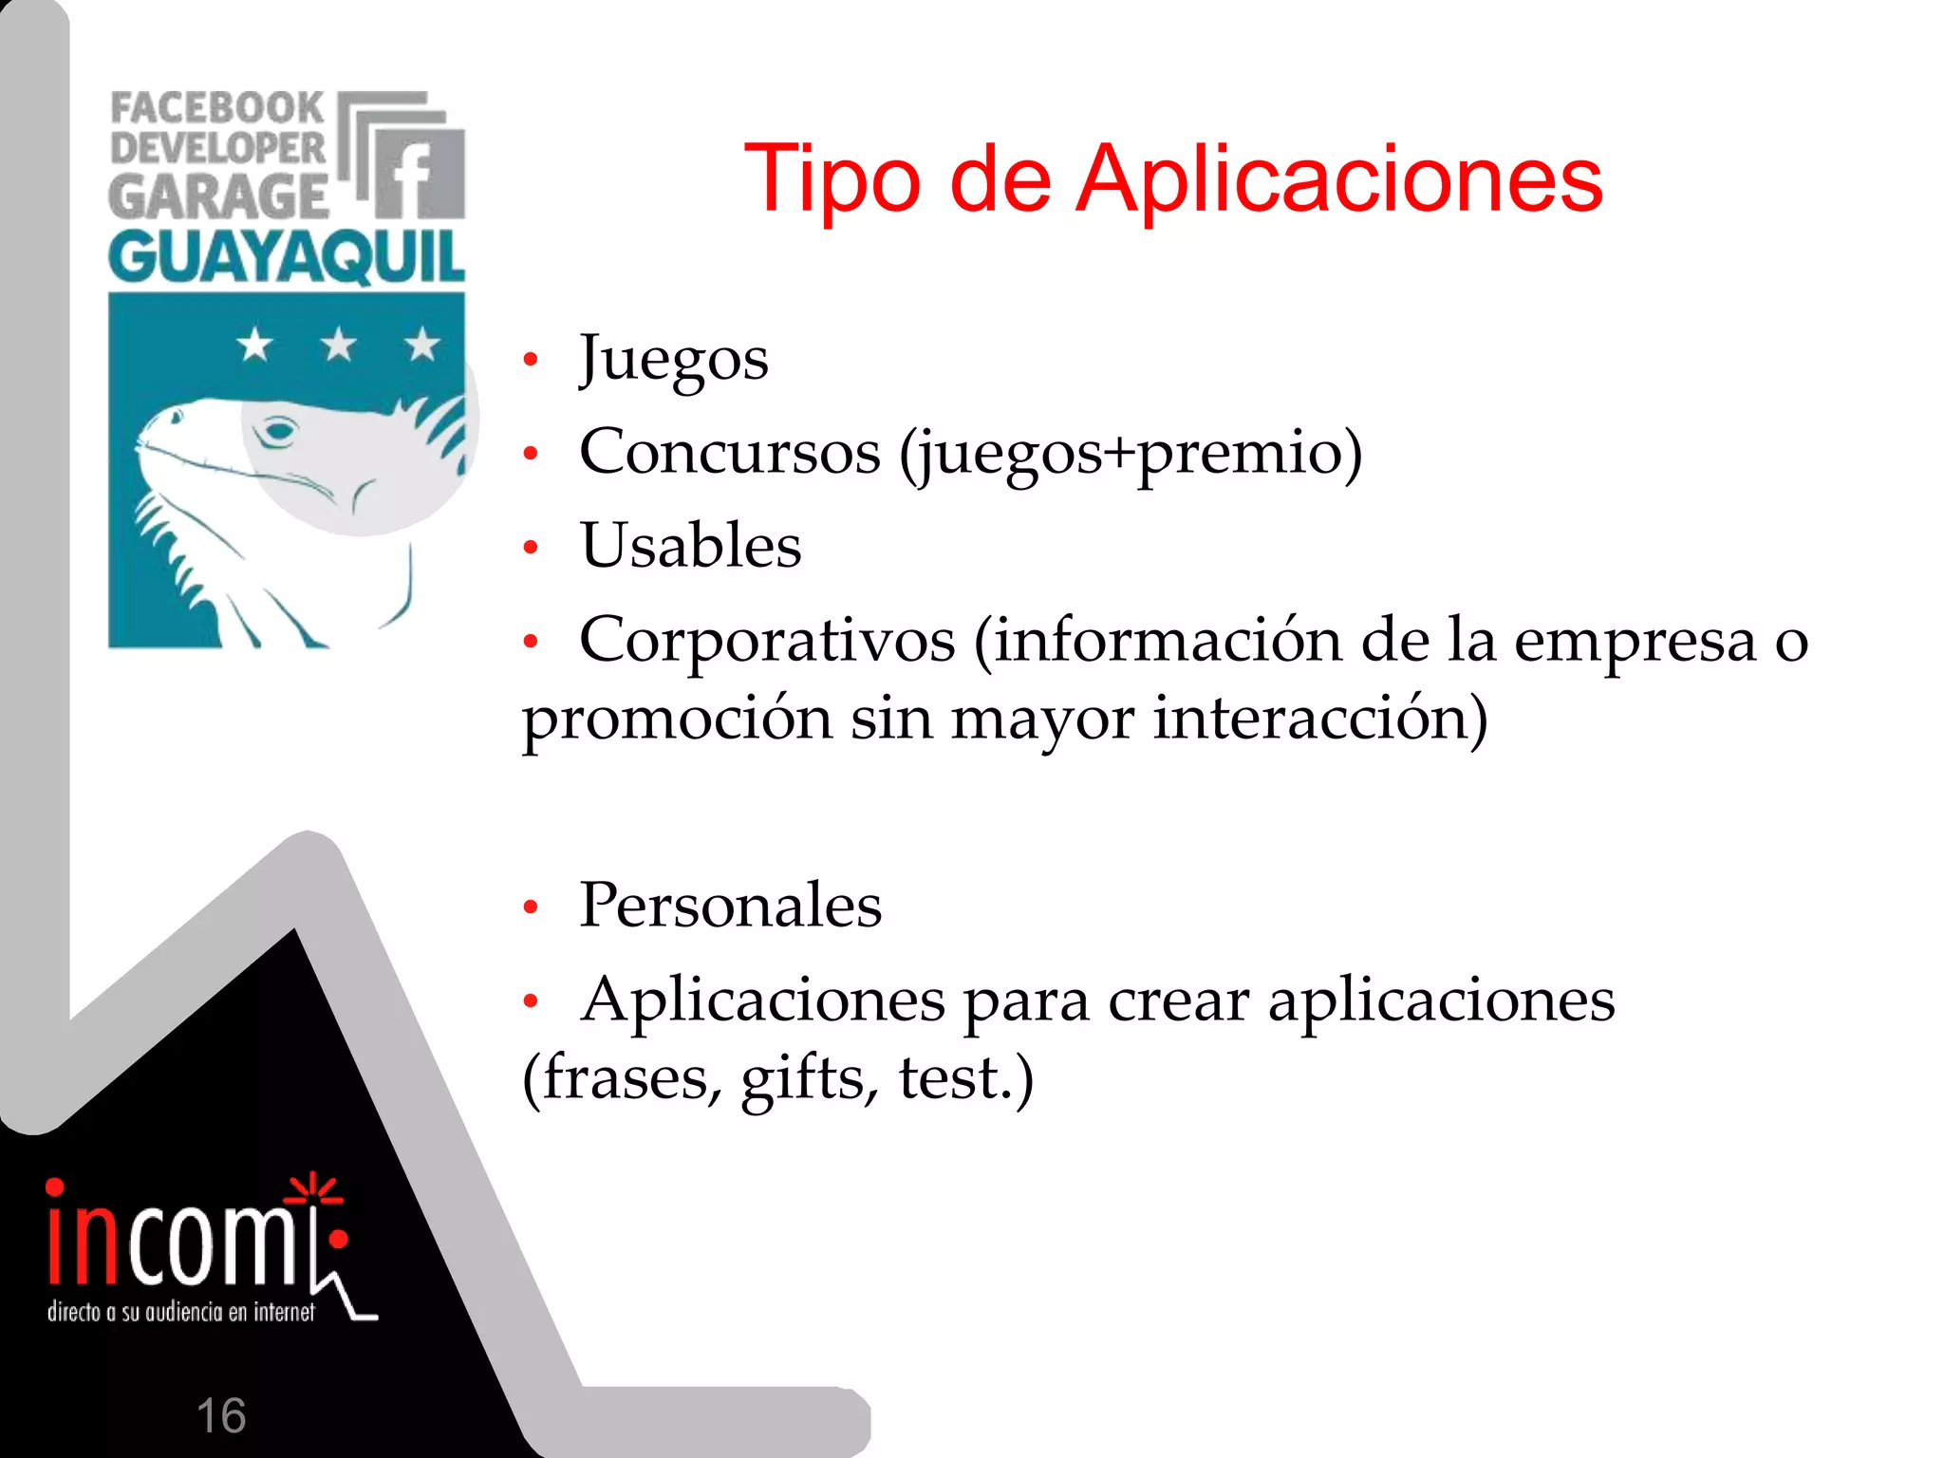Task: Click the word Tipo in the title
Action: coord(832,178)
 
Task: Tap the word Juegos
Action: coord(674,360)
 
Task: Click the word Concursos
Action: coord(730,452)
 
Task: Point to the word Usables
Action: coord(691,546)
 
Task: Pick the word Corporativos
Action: coord(767,639)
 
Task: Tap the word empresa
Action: coord(1635,641)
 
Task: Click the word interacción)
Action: coord(1319,718)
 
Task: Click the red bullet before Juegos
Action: coord(531,360)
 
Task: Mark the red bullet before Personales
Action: coord(531,907)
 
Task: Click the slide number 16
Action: coord(220,1415)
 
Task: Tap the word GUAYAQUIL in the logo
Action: coord(286,257)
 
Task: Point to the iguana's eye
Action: coord(278,432)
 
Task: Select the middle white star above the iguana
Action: coord(338,344)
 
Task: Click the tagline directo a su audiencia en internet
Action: coord(180,1312)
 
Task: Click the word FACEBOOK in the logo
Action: coord(217,108)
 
